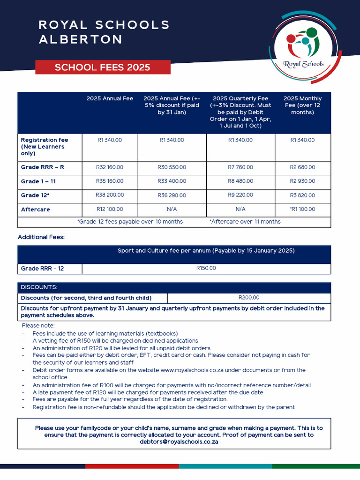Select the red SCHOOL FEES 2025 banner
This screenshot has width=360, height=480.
(x=103, y=67)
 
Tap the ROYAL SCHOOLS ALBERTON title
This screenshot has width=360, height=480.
(x=104, y=32)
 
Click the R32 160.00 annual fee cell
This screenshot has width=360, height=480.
(x=110, y=167)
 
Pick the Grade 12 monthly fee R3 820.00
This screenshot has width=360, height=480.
(x=302, y=195)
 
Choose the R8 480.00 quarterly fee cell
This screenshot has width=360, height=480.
(x=240, y=181)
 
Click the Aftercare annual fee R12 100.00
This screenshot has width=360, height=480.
(x=110, y=209)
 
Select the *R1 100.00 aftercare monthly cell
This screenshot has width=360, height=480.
(x=302, y=209)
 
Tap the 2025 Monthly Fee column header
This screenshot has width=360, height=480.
(x=302, y=105)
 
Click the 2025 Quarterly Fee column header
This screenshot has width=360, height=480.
(x=240, y=112)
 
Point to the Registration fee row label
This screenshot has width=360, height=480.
(x=45, y=147)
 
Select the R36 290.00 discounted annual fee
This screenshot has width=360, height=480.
(x=172, y=195)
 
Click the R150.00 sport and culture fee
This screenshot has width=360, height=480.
(x=206, y=269)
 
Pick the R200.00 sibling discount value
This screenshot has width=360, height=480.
(x=249, y=298)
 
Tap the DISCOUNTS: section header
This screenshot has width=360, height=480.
(x=39, y=287)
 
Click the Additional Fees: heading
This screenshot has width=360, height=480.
(x=41, y=237)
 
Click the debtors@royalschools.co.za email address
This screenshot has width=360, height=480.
(x=179, y=442)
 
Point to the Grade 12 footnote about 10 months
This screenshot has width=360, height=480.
(x=130, y=222)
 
